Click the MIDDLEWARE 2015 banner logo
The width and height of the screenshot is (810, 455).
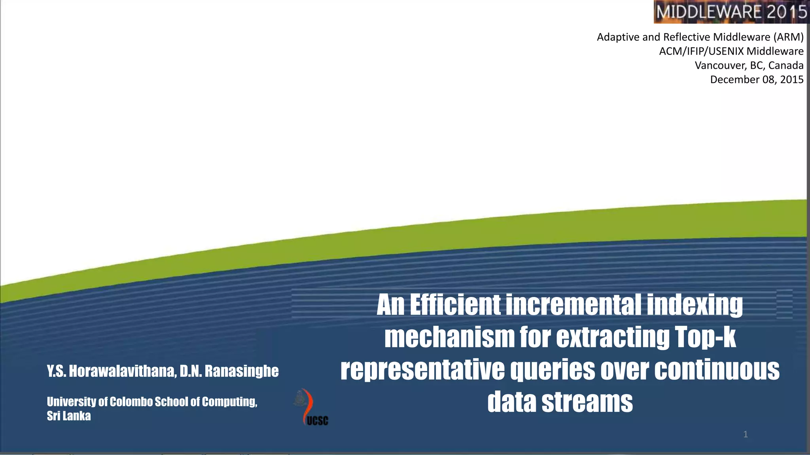[x=731, y=12]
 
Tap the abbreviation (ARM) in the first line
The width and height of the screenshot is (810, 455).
[x=789, y=37]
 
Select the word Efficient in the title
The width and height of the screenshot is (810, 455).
[x=455, y=305]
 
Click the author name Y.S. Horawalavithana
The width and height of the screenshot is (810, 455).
[x=111, y=371]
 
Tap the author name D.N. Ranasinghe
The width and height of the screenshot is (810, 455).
[x=229, y=371]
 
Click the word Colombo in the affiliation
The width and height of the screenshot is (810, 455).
[x=131, y=402]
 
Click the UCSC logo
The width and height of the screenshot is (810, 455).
[x=312, y=407]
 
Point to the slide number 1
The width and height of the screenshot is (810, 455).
[x=746, y=434]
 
